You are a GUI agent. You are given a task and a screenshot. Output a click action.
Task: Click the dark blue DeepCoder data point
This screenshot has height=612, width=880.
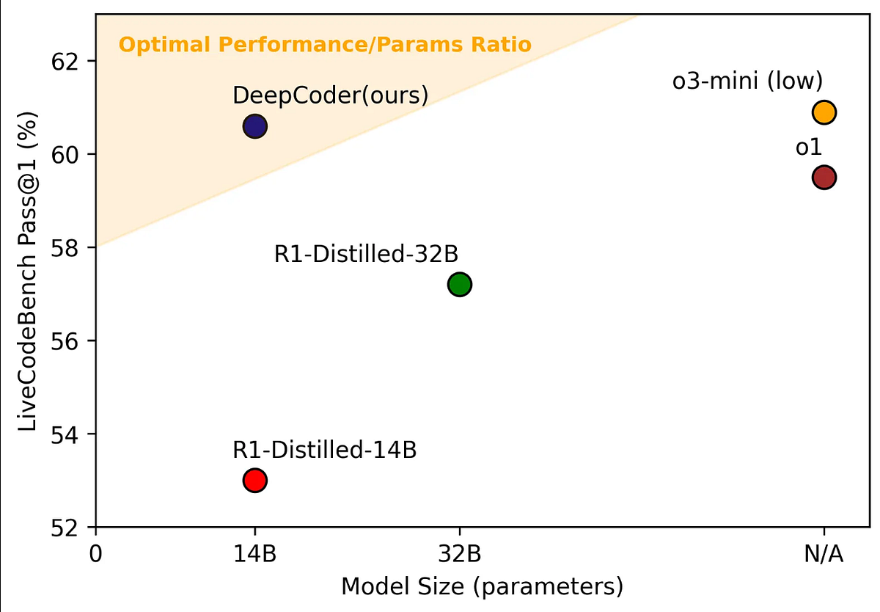coord(254,126)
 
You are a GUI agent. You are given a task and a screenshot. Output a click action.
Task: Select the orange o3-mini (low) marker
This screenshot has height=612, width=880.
coord(824,112)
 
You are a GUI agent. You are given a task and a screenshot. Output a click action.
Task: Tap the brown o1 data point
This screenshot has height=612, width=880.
coord(824,178)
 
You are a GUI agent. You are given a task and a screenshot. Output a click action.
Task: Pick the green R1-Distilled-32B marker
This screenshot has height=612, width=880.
coord(460,284)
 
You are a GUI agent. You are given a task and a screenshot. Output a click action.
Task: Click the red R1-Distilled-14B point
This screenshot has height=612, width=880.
coord(254,481)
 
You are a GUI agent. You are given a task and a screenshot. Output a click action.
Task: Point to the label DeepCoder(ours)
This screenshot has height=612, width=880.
coord(330,95)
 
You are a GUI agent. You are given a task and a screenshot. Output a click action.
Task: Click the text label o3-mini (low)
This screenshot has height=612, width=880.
coord(748,81)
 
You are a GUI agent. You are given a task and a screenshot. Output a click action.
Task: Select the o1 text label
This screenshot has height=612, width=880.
coord(808,147)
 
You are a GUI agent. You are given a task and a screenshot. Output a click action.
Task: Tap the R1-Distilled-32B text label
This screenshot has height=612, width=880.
coord(366,254)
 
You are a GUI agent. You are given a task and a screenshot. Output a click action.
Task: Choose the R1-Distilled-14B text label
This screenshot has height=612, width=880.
coord(324,450)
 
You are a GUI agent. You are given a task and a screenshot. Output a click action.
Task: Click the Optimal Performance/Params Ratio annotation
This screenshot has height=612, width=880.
coord(325,45)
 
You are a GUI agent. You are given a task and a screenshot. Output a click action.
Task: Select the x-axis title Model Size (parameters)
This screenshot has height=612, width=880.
coord(482,587)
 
